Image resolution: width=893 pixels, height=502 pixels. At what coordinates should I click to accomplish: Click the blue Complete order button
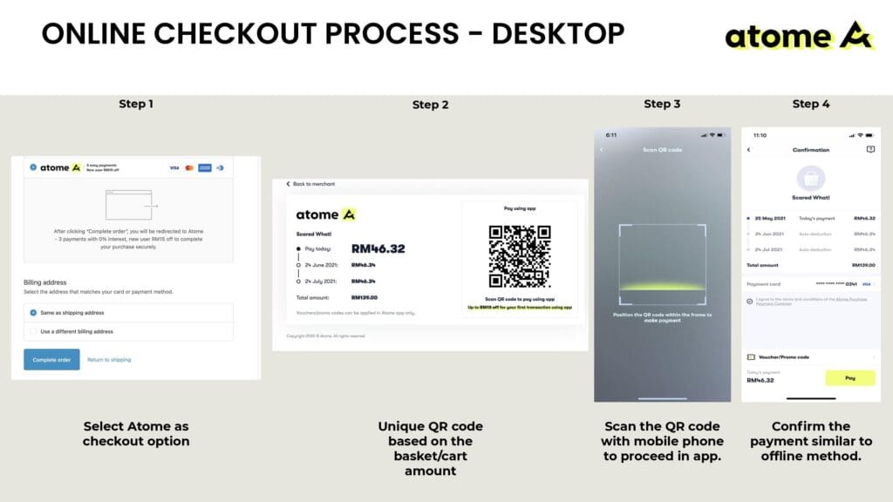click(x=51, y=359)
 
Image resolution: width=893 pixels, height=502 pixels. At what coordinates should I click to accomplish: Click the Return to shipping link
click(x=109, y=359)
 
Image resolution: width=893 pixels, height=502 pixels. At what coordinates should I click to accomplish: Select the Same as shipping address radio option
click(x=33, y=312)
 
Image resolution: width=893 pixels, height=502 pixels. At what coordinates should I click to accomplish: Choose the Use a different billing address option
click(x=33, y=332)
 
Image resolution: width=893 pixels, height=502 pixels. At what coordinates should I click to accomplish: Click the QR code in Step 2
click(x=519, y=255)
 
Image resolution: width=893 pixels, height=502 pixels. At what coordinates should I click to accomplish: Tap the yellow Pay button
click(x=849, y=378)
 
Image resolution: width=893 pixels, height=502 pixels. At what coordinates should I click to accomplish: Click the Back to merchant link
click(x=311, y=184)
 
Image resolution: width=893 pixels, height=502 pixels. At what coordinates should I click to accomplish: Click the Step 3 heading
click(x=662, y=104)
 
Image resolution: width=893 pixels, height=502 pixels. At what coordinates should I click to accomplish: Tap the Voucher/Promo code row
click(x=809, y=356)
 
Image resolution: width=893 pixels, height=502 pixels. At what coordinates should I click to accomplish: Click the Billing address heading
click(x=45, y=282)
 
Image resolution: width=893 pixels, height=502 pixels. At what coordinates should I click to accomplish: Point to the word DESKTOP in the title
click(x=558, y=33)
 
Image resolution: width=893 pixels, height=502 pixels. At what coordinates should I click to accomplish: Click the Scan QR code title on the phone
click(x=662, y=150)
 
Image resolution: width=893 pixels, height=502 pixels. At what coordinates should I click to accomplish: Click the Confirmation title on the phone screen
click(x=810, y=150)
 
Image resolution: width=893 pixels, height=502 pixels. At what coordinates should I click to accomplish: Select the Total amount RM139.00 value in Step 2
click(x=364, y=298)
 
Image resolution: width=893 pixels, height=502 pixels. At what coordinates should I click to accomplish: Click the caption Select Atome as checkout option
click(x=135, y=433)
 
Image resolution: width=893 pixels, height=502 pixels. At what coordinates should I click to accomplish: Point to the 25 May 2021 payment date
click(x=767, y=218)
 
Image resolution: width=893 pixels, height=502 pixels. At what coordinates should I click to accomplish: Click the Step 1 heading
click(x=136, y=104)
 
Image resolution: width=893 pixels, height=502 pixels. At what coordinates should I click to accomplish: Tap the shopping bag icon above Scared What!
click(x=811, y=178)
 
